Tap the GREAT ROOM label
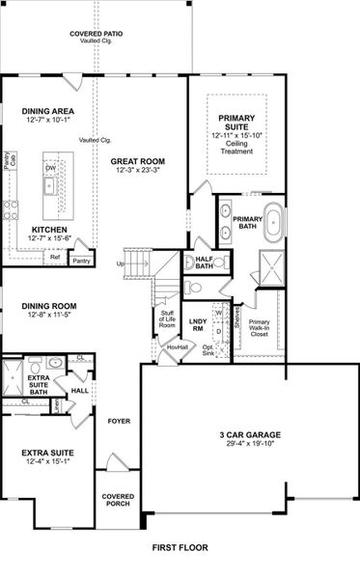point(136,161)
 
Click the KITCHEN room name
point(47,230)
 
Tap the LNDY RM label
point(199,324)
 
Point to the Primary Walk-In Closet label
point(260,330)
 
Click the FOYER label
point(118,421)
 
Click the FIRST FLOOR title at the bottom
point(180,547)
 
